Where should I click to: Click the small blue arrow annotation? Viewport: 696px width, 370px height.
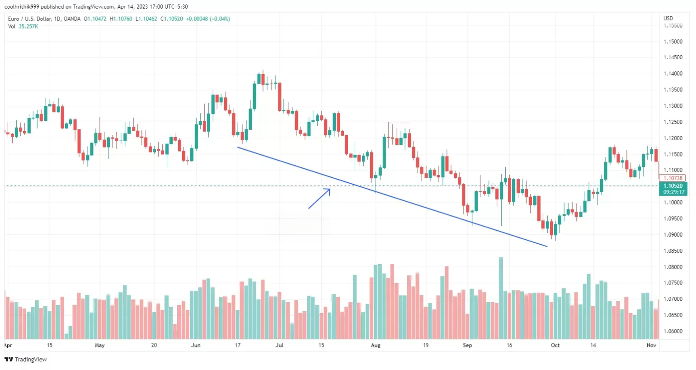click(x=320, y=198)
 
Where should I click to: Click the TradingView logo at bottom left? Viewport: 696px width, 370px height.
click(x=26, y=359)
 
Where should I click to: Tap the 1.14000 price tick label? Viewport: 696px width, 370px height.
click(x=672, y=74)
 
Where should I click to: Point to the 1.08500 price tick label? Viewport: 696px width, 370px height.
click(x=672, y=251)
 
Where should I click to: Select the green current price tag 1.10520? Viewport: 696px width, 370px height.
click(x=673, y=189)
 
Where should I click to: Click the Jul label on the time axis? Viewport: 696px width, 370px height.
click(x=279, y=345)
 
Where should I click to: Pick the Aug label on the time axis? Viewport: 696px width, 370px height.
click(x=376, y=345)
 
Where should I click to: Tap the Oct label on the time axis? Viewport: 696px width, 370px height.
click(x=555, y=345)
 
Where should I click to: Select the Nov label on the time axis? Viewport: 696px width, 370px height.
click(x=651, y=345)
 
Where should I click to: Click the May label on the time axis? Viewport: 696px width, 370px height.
click(x=99, y=345)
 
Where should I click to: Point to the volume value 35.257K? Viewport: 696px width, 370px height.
click(x=28, y=27)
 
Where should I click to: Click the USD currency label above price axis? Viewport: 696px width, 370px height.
click(x=668, y=19)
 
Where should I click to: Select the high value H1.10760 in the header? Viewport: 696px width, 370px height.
click(x=121, y=19)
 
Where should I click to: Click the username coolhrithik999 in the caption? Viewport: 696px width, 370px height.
click(x=22, y=7)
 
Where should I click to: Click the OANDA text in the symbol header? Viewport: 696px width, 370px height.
click(x=72, y=19)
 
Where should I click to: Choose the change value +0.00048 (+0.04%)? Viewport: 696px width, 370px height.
click(x=208, y=19)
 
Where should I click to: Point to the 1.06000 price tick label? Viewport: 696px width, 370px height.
click(x=672, y=331)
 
